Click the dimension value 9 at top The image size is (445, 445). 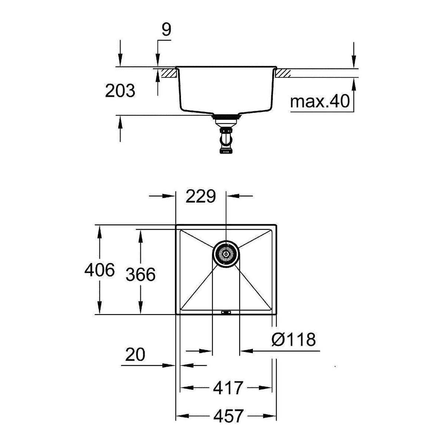166,30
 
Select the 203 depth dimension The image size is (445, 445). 120,91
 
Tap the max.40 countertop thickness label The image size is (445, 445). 320,101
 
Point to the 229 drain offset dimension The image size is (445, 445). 201,197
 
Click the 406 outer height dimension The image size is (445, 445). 99,270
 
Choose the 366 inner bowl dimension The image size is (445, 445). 141,274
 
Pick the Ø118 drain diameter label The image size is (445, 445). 293,339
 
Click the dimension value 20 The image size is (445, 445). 135,355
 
